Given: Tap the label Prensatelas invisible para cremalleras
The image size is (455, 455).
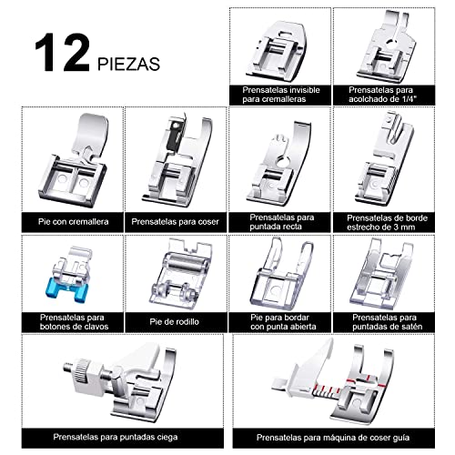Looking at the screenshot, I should coord(280,95).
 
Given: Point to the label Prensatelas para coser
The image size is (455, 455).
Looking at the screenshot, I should coord(175,220).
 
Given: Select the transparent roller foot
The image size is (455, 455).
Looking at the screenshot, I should coord(175,272).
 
